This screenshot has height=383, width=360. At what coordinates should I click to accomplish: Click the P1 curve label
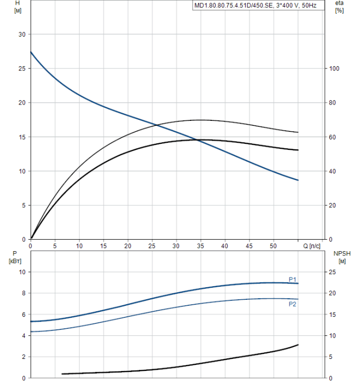[293, 278]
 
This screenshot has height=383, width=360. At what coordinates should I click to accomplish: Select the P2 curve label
[293, 304]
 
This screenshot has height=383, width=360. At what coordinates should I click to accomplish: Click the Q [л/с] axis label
[312, 246]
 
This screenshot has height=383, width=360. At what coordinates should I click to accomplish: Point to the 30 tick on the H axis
[22, 34]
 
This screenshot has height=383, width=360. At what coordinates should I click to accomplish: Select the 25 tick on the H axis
[22, 69]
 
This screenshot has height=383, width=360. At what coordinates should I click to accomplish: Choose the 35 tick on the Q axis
[200, 246]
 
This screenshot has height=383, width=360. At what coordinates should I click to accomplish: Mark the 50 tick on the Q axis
[273, 246]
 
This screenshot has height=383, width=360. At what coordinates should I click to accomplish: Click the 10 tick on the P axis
[22, 272]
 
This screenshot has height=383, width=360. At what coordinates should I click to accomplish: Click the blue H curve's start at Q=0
[31, 52]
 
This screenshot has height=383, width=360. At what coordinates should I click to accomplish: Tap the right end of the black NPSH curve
[298, 345]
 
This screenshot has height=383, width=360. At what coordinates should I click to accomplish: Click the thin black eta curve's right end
[298, 132]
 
